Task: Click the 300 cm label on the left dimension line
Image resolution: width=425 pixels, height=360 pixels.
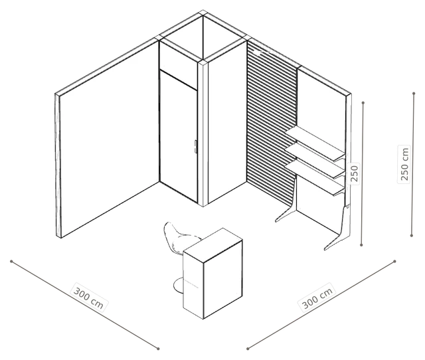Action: pyautogui.click(x=88, y=298)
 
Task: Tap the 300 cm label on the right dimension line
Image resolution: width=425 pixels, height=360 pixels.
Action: pyautogui.click(x=317, y=298)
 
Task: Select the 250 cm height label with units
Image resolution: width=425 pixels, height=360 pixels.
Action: pyautogui.click(x=404, y=164)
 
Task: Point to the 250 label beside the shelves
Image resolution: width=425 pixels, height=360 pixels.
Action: pyautogui.click(x=354, y=173)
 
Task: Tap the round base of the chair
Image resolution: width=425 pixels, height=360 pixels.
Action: pyautogui.click(x=179, y=285)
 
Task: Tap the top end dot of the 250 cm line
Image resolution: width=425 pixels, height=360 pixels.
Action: pyautogui.click(x=414, y=94)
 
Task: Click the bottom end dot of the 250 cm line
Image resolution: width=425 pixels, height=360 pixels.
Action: pyautogui.click(x=412, y=236)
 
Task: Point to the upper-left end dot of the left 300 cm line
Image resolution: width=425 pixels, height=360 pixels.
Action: pyautogui.click(x=11, y=261)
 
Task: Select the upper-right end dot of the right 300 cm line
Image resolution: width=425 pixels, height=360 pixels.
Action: pyautogui.click(x=394, y=261)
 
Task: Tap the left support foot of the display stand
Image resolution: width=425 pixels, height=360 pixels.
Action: pyautogui.click(x=285, y=212)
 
